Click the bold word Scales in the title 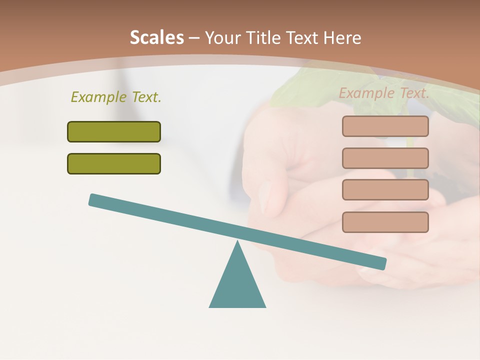[x=156, y=37]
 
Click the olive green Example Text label [x=116, y=97]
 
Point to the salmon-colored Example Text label [x=384, y=93]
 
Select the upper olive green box [x=114, y=131]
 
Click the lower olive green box [x=114, y=163]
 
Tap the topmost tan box [x=385, y=126]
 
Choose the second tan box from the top [x=385, y=158]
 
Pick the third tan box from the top [x=385, y=189]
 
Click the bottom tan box [x=385, y=222]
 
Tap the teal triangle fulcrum [x=237, y=285]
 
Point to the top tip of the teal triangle [x=237, y=242]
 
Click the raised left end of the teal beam [x=93, y=199]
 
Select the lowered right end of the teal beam [x=382, y=263]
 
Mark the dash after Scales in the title [x=194, y=38]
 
